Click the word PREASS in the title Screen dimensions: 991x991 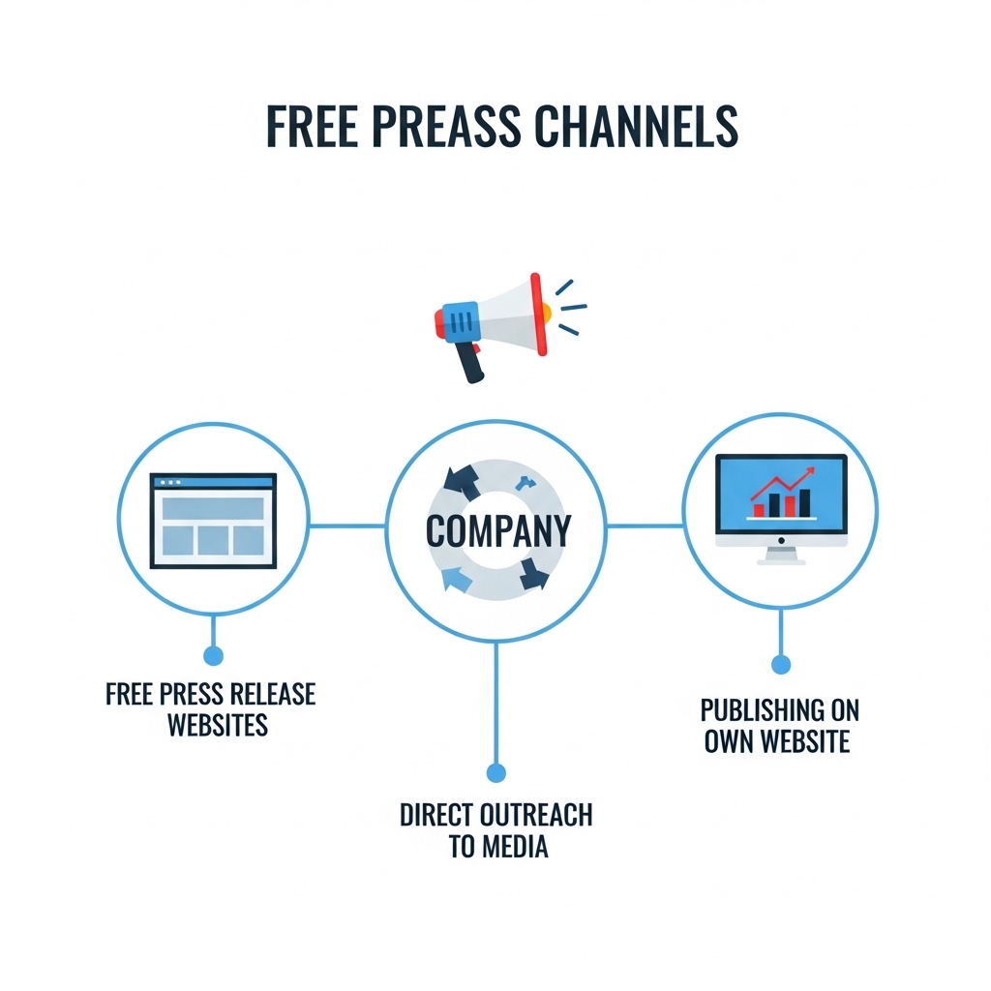tap(445, 126)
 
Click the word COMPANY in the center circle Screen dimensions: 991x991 tap(498, 531)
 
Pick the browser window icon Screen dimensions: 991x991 tap(213, 520)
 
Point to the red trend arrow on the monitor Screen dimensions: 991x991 tap(783, 484)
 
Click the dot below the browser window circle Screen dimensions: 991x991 tap(214, 655)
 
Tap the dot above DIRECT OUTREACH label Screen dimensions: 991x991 tap(496, 772)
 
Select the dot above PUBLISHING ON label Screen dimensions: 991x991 tap(781, 664)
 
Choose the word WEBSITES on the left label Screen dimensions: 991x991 tap(218, 724)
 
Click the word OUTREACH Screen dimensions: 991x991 tap(536, 815)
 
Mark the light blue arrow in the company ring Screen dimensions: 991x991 tap(457, 579)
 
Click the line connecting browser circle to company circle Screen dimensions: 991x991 tap(347, 526)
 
